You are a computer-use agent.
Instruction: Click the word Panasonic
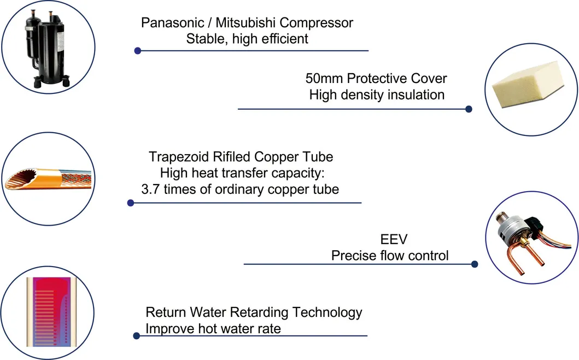click(172, 23)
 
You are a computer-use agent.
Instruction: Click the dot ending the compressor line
click(138, 51)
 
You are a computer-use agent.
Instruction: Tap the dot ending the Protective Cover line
click(469, 109)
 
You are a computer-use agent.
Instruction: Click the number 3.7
click(151, 190)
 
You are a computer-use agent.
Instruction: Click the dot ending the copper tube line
click(130, 203)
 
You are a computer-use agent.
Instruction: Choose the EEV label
click(394, 239)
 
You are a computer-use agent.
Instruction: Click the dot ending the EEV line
click(475, 264)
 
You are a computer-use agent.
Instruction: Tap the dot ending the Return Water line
click(136, 335)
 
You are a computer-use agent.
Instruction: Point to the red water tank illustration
click(51, 312)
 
